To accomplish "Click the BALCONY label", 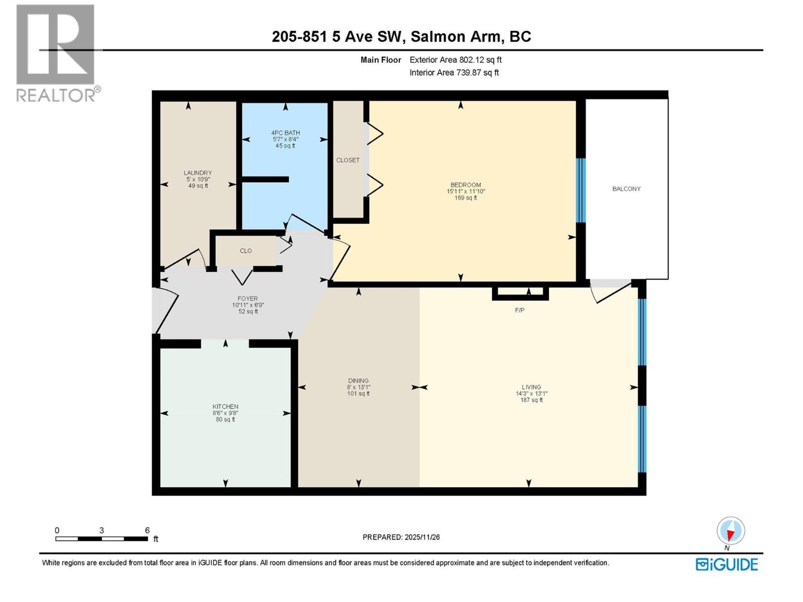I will pos(626,189).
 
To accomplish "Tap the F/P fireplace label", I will pos(519,311).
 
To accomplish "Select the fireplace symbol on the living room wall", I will pos(520,293).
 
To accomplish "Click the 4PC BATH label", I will pos(285,133).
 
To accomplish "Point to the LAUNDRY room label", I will pos(198,173).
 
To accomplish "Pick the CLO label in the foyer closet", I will pos(245,251).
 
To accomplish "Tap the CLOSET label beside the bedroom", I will pos(348,160).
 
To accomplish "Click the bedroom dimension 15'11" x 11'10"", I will pos(466,191).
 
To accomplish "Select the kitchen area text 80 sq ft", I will pos(225,419).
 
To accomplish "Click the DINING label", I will pos(358,381).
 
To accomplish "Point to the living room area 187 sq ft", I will pos(531,400).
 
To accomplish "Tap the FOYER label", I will pos(247,298).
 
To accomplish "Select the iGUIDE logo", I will pos(726,564).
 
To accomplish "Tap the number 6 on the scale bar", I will pos(147,530).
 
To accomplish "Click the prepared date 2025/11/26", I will pos(422,537).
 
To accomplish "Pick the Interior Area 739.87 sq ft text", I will pos(454,72).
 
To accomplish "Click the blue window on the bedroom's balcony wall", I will pos(581,190).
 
